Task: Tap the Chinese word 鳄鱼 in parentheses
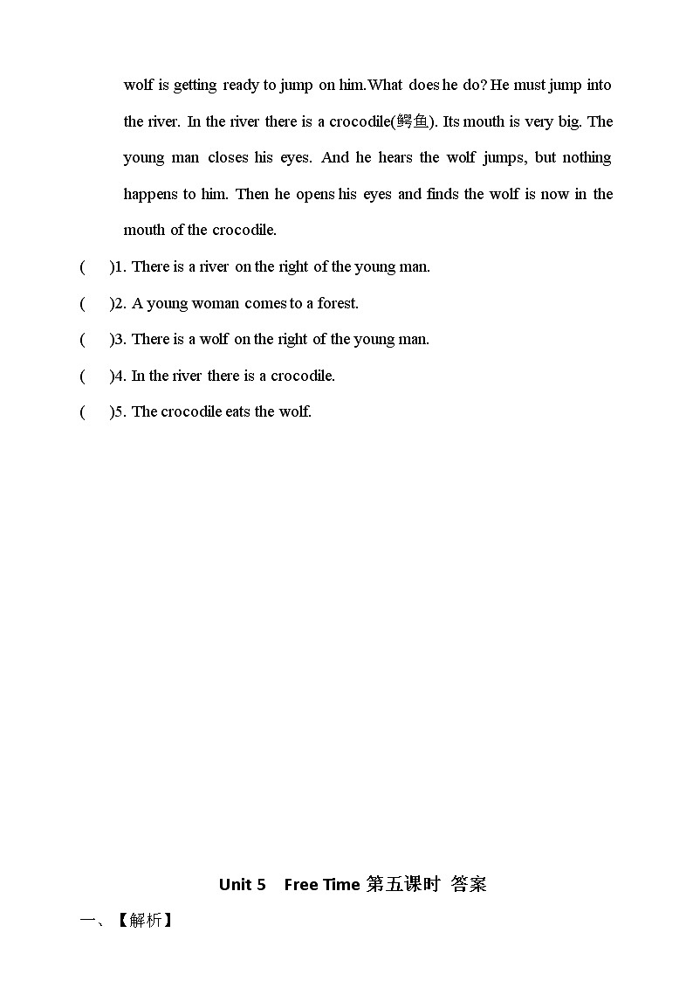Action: tap(413, 121)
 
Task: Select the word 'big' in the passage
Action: tap(568, 121)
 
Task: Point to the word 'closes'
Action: tap(228, 158)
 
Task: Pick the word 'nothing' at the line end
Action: tap(587, 158)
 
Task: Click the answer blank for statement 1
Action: tap(96, 267)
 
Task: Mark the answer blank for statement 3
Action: tap(96, 340)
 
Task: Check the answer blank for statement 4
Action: tap(96, 376)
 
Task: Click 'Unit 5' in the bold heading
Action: tap(242, 884)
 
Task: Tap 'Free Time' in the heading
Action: tap(321, 884)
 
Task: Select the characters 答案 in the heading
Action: tap(469, 884)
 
